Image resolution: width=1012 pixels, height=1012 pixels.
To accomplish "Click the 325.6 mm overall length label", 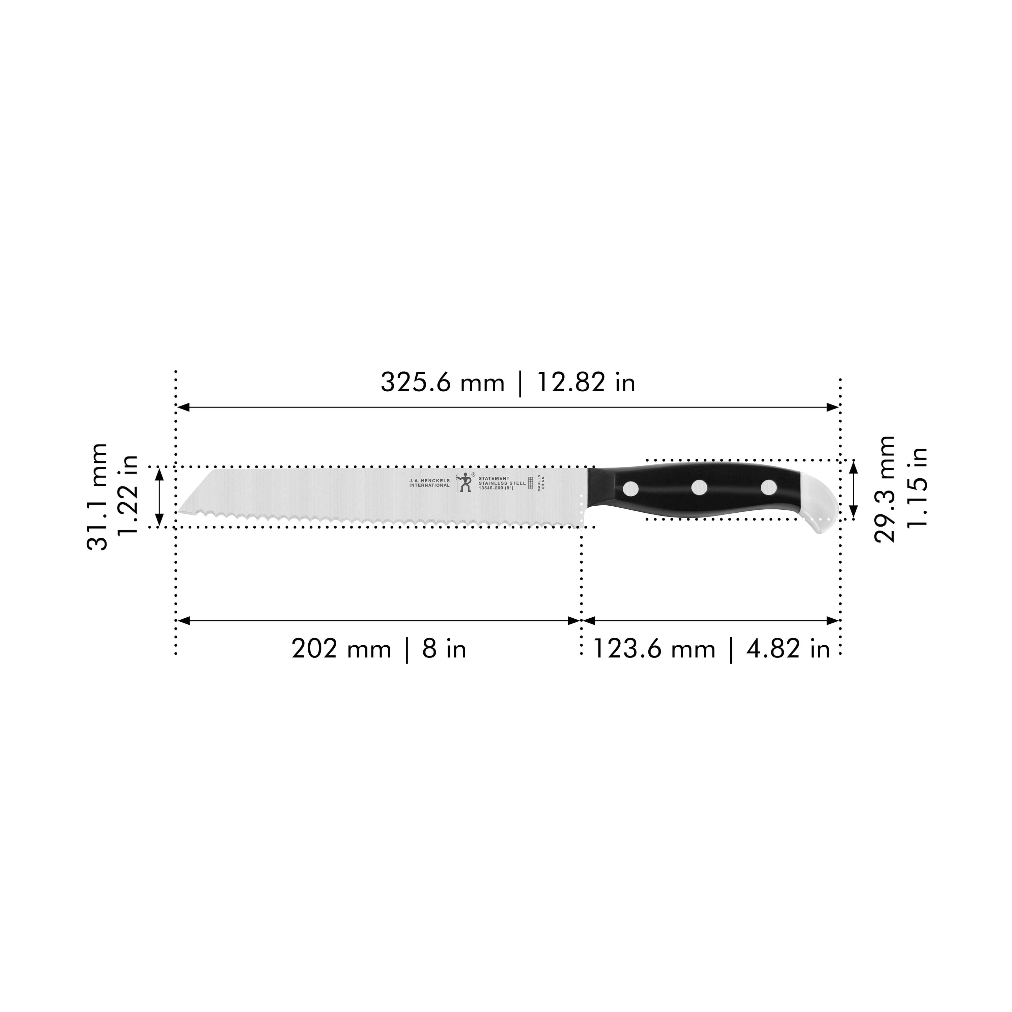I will [x=442, y=383].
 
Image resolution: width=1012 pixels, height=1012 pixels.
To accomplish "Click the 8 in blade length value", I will [x=444, y=649].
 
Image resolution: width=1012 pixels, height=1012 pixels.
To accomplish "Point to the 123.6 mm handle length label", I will [x=654, y=649].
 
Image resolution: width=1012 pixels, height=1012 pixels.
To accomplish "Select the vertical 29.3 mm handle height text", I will [x=885, y=489].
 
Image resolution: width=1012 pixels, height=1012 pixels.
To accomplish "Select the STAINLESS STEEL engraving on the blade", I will [x=502, y=483].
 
